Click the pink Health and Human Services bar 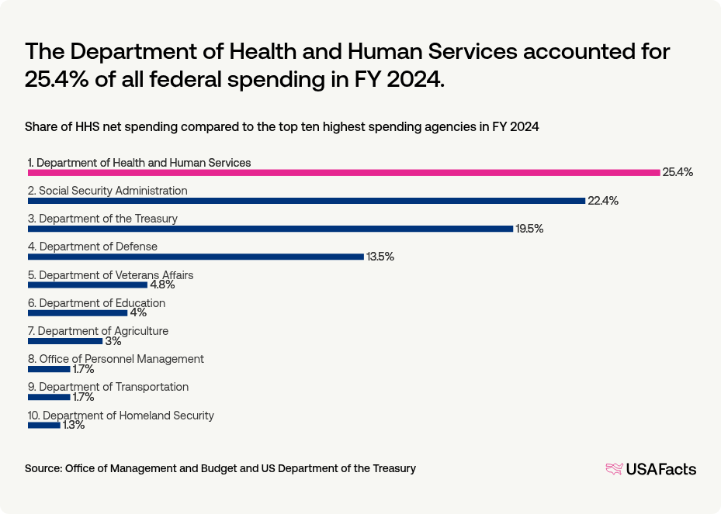(343, 172)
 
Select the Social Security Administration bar (306, 201)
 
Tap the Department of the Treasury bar (270, 229)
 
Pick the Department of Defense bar (196, 257)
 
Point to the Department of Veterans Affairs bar (87, 285)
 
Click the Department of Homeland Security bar (43, 425)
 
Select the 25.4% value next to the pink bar (678, 172)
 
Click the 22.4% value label (603, 201)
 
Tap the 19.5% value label (530, 229)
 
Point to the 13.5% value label (380, 257)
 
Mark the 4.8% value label (163, 285)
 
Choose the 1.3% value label (74, 425)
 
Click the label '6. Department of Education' (96, 303)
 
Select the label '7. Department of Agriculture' (98, 331)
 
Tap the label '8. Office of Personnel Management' (116, 359)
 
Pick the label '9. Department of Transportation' (108, 387)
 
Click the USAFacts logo (650, 469)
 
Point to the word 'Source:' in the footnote (43, 468)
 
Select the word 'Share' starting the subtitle (40, 126)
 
